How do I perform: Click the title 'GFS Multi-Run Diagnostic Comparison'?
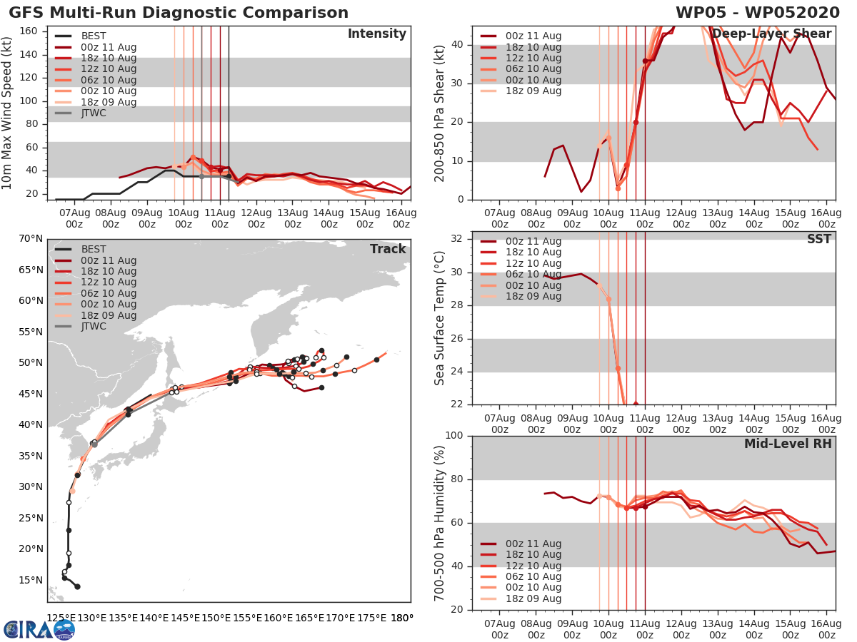(179, 13)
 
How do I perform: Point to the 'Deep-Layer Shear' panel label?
(771, 34)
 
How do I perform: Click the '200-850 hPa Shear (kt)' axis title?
(440, 113)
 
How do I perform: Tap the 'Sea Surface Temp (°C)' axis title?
(440, 317)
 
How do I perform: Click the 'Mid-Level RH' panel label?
(788, 444)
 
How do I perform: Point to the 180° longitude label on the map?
(402, 618)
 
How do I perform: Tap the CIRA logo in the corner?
(39, 629)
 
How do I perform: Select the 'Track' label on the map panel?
(388, 249)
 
